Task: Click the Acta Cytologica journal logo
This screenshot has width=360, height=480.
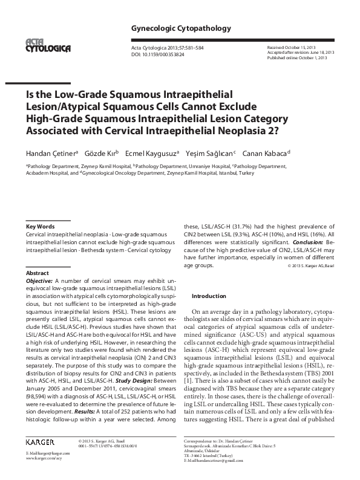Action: point(46,44)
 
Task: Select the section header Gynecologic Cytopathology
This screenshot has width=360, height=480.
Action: point(172,28)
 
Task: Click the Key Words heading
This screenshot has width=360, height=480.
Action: point(41,225)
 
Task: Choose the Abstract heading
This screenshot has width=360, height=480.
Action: point(38,274)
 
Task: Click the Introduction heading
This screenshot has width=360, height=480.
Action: point(209,296)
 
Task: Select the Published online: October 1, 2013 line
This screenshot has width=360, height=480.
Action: point(297,57)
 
